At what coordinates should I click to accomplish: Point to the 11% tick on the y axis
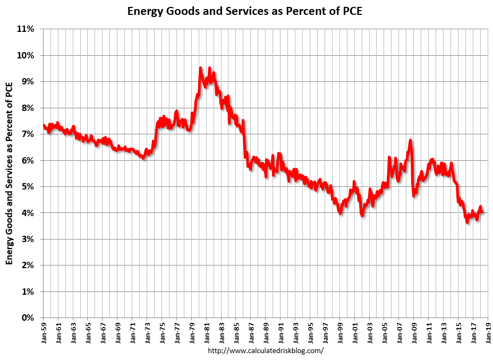point(26,29)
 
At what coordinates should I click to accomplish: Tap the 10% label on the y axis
point(26,55)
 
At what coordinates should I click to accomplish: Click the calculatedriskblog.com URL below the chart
point(265,351)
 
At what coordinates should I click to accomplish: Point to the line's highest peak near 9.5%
point(200,68)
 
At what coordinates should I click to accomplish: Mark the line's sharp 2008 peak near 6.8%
point(410,140)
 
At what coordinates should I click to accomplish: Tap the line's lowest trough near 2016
point(467,222)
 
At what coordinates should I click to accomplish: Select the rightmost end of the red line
point(482,212)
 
